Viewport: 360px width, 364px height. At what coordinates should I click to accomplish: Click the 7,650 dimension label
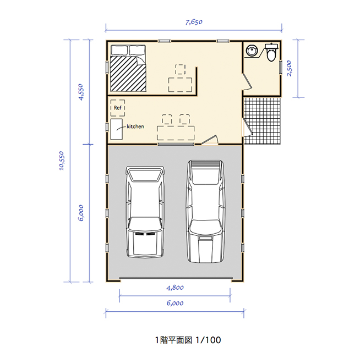point(194,23)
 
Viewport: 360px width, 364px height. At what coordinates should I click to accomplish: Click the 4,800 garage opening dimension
point(174,288)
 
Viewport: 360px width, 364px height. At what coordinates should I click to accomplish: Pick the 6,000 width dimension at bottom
point(174,303)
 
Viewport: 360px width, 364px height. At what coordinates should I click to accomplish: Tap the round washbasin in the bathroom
point(252,51)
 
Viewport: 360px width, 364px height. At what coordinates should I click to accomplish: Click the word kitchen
point(135,126)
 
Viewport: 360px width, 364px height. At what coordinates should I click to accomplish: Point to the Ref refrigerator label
point(118,108)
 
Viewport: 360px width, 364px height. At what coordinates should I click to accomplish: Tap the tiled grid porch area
point(262,120)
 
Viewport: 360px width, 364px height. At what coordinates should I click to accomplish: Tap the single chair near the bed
point(181,69)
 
